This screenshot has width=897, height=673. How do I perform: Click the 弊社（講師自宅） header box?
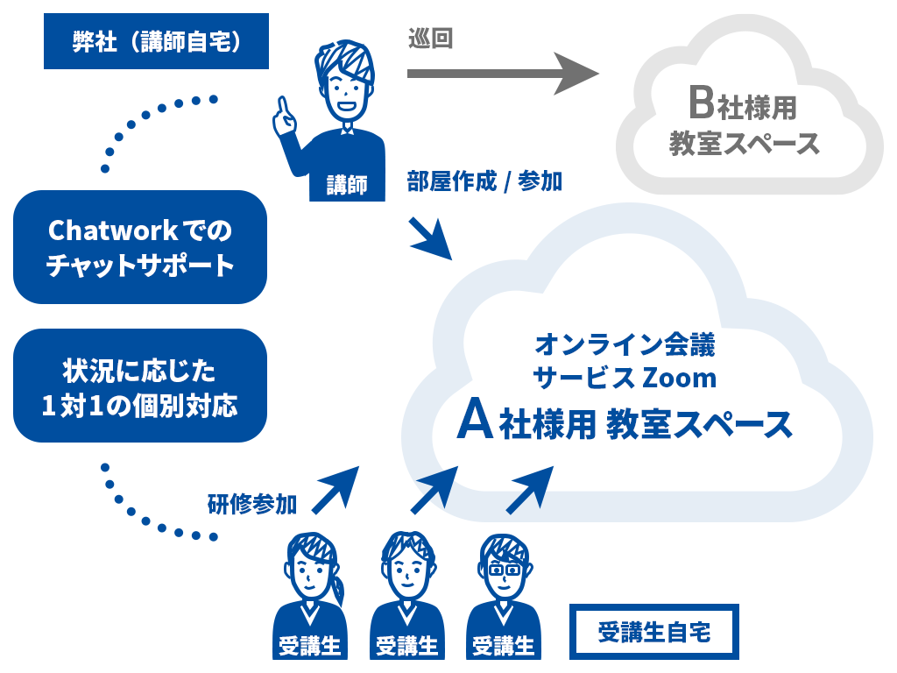pyautogui.click(x=156, y=41)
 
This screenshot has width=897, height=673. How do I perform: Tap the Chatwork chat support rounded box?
pyautogui.click(x=140, y=247)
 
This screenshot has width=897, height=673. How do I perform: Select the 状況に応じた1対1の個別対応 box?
pyautogui.click(x=140, y=386)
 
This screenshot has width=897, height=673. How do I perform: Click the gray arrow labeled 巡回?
pyautogui.click(x=503, y=74)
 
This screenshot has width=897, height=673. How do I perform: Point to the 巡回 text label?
pyautogui.click(x=430, y=39)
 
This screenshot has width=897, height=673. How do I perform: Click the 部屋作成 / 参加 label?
pyautogui.click(x=484, y=181)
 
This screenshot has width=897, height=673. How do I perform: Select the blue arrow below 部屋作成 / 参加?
pyautogui.click(x=431, y=238)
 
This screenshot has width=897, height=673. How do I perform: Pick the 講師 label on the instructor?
pyautogui.click(x=347, y=186)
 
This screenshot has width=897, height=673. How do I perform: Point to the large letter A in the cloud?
pyautogui.click(x=475, y=420)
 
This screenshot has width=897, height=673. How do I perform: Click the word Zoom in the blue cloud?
pyautogui.click(x=679, y=379)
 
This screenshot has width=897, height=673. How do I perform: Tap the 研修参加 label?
pyautogui.click(x=252, y=504)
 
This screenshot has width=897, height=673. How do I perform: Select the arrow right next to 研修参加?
pyautogui.click(x=335, y=490)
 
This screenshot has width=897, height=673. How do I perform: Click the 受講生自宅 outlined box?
pyautogui.click(x=653, y=632)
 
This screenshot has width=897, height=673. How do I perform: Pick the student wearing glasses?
pyautogui.click(x=504, y=596)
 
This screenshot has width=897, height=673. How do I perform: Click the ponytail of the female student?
pyautogui.click(x=337, y=586)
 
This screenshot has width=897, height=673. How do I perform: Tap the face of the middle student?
pyautogui.click(x=407, y=572)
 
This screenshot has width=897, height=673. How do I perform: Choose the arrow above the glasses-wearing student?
pyautogui.click(x=530, y=490)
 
